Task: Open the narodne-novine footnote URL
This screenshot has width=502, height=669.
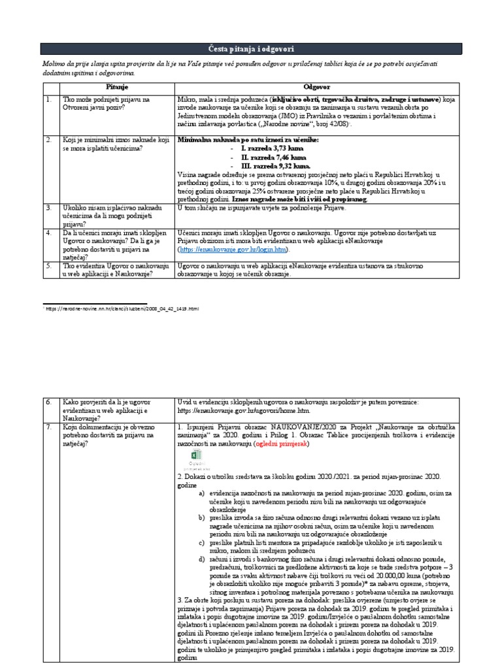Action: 121,307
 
